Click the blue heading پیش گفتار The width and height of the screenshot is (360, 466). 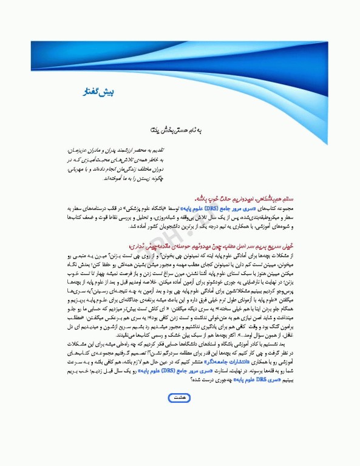tap(96, 92)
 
